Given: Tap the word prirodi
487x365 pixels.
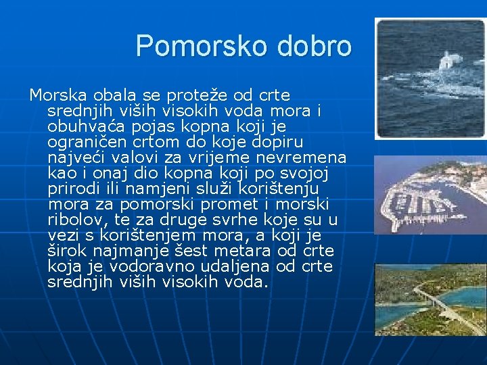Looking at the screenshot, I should click(72, 189).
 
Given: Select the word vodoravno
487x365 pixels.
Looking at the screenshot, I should click(137, 266).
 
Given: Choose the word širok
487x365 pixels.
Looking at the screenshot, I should click(68, 251).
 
